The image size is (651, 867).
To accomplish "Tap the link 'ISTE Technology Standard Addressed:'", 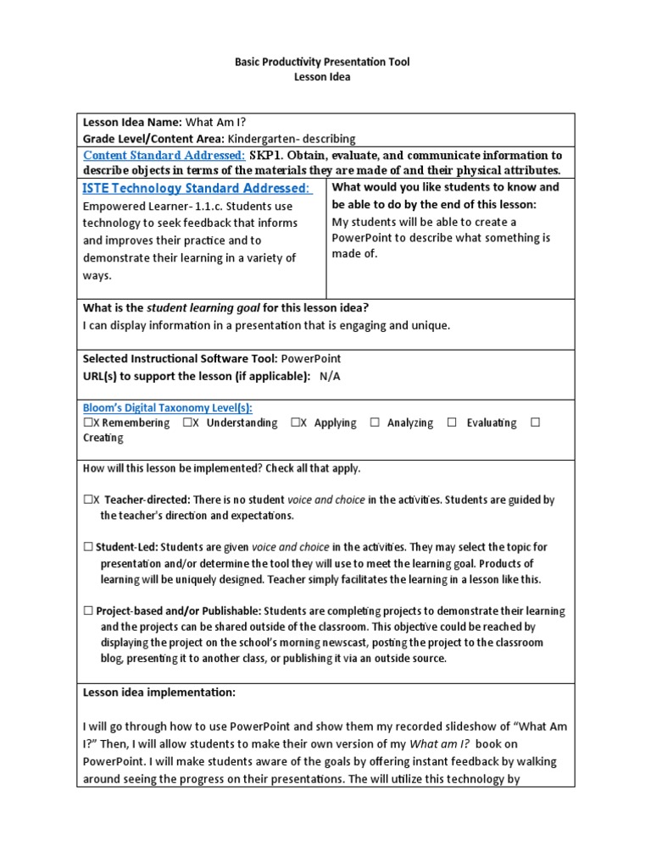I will (197, 188).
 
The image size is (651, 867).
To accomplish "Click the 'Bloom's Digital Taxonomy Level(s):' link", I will (155, 407).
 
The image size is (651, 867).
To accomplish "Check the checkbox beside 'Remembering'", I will (87, 422).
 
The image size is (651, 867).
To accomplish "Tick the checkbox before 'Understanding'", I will (186, 422).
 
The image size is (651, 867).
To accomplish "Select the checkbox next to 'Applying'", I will (294, 422).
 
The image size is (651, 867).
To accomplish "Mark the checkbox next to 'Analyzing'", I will (375, 422).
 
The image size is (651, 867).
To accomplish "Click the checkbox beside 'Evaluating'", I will (453, 422).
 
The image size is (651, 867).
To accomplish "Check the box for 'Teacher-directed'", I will (87, 500).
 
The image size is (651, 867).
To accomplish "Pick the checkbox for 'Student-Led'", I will (88, 547).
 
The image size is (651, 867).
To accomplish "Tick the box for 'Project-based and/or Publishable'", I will (88, 610).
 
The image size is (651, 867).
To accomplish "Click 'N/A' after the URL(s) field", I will (330, 375).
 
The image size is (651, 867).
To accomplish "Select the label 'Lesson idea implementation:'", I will (159, 692).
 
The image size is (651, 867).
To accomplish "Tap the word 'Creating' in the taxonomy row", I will (103, 438).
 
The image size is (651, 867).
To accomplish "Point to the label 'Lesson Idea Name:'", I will (132, 122).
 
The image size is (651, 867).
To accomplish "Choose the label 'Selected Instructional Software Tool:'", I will (181, 359).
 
